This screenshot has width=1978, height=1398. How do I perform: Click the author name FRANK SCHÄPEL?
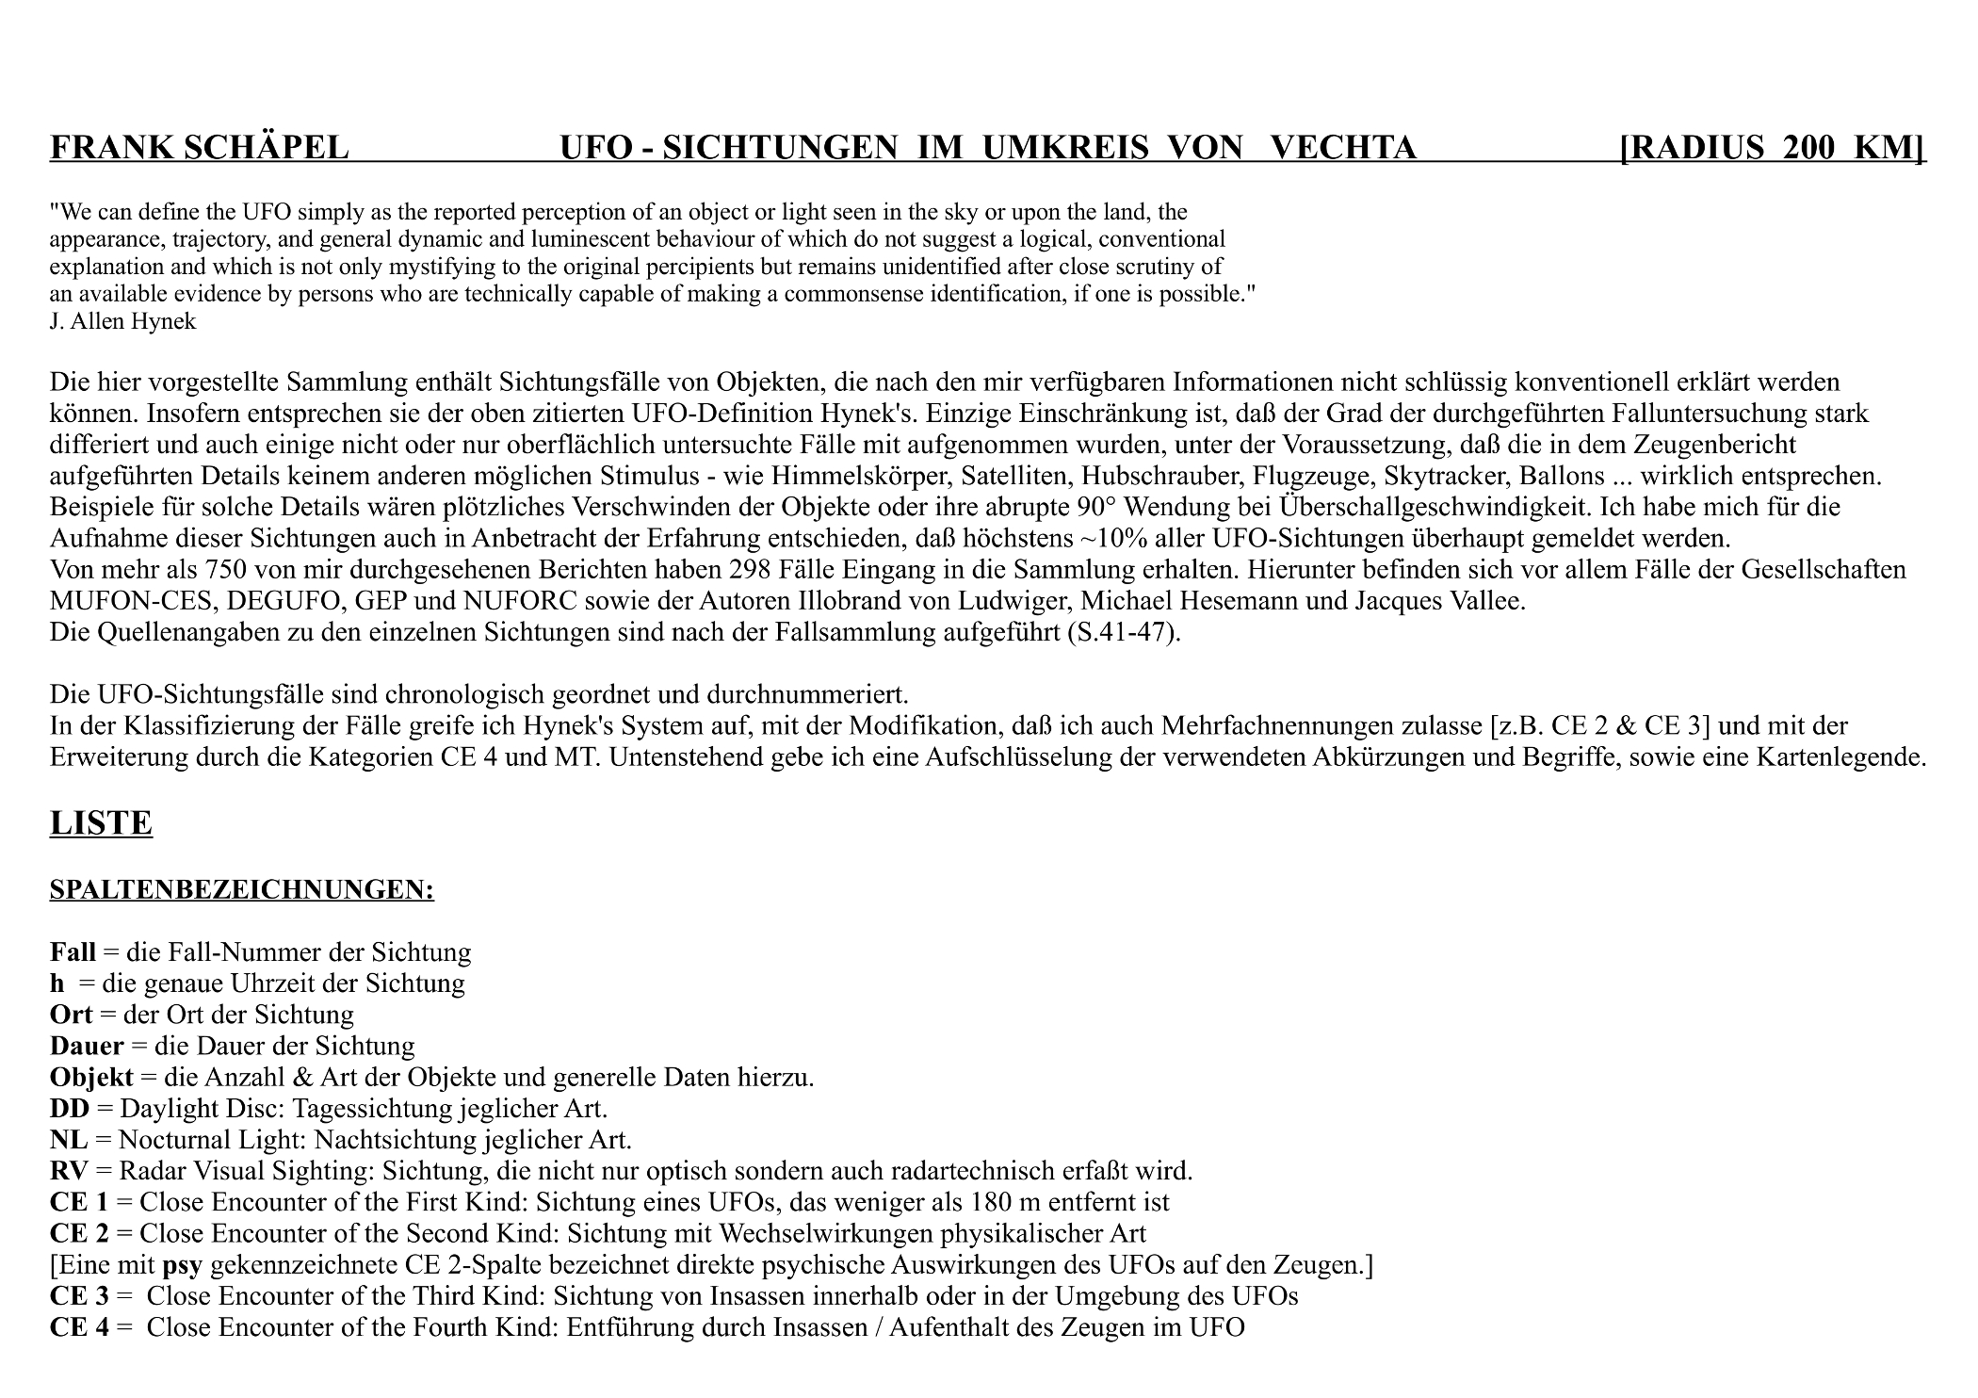pyautogui.click(x=199, y=148)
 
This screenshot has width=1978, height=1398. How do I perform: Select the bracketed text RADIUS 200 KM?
pyautogui.click(x=1772, y=148)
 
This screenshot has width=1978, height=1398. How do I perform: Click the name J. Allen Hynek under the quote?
pyautogui.click(x=122, y=321)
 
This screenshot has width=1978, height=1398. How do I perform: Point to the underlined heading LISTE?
pyautogui.click(x=101, y=823)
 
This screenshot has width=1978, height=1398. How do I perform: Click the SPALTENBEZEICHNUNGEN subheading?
pyautogui.click(x=241, y=890)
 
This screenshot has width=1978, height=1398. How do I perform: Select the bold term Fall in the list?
pyautogui.click(x=73, y=952)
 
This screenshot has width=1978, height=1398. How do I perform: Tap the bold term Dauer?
pyautogui.click(x=87, y=1046)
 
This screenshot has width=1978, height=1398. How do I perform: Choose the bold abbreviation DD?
pyautogui.click(x=69, y=1108)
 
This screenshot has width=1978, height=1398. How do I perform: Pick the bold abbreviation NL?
pyautogui.click(x=68, y=1140)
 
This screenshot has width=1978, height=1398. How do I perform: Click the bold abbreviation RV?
pyautogui.click(x=68, y=1171)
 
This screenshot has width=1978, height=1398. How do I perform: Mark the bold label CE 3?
pyautogui.click(x=79, y=1296)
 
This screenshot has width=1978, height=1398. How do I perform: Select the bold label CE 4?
pyautogui.click(x=79, y=1327)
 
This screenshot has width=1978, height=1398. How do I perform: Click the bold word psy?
pyautogui.click(x=182, y=1265)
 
